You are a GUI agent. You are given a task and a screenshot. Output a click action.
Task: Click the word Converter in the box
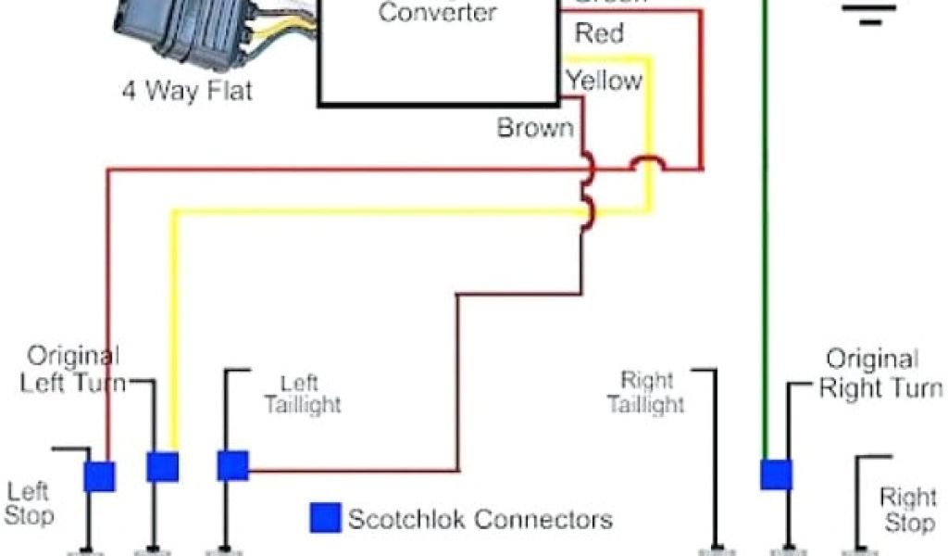(437, 13)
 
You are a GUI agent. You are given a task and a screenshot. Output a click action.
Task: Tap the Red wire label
(599, 34)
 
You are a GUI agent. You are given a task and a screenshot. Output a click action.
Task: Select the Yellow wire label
(604, 81)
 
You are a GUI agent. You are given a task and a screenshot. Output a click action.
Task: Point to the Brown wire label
(535, 127)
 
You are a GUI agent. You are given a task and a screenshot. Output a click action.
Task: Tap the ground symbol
(868, 11)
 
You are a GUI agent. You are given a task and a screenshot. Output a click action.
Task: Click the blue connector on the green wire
(776, 474)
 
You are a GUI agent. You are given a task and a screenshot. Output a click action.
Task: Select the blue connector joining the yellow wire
(162, 466)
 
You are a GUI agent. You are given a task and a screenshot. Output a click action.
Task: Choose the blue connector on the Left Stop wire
(99, 475)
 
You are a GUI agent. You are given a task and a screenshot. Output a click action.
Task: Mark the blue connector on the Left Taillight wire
(232, 465)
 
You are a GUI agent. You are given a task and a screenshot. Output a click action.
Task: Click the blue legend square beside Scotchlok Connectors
(324, 518)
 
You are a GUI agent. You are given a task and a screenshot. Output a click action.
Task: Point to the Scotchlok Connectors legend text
(480, 518)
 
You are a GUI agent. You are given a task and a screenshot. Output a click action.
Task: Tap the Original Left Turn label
(74, 369)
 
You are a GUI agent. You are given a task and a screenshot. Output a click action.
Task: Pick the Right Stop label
(907, 511)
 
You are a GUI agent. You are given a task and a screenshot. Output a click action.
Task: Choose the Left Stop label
(31, 502)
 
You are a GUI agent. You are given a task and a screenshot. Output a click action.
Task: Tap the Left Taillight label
(302, 394)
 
